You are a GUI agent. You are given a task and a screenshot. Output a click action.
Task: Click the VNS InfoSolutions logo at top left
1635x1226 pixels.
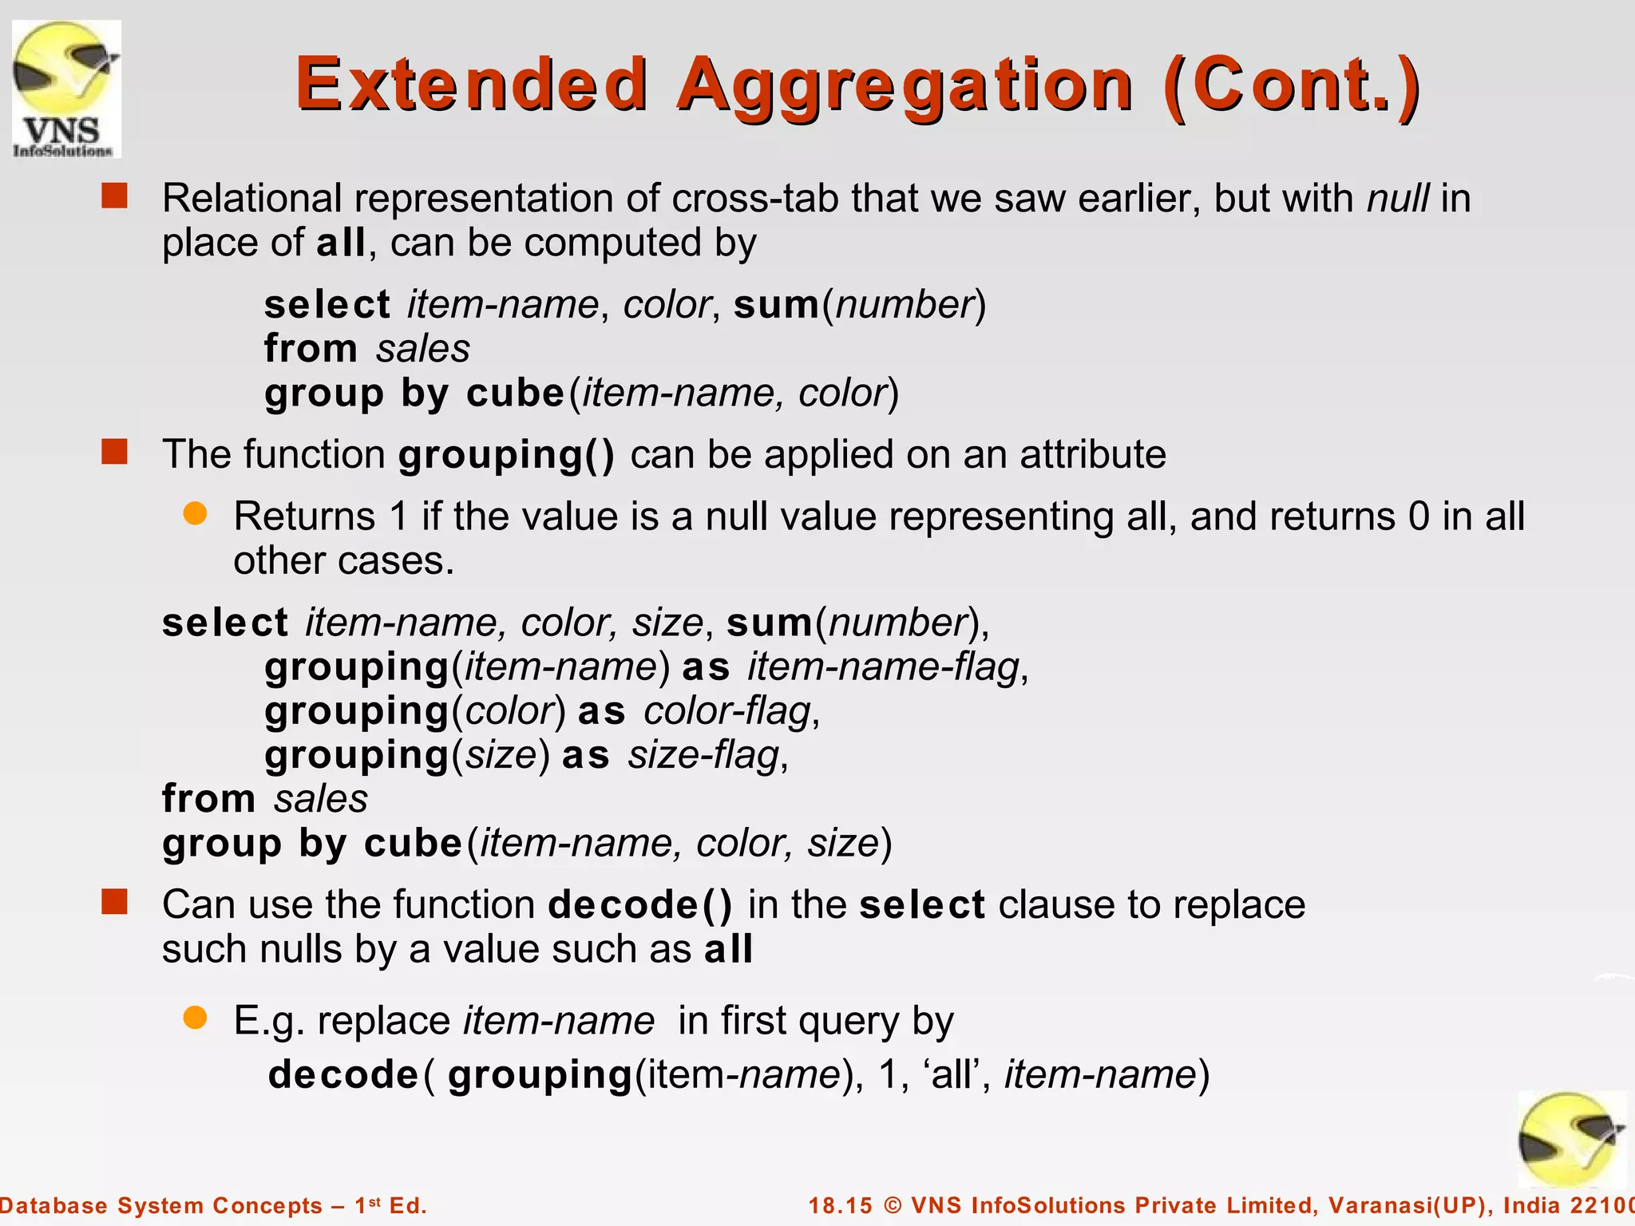pos(66,89)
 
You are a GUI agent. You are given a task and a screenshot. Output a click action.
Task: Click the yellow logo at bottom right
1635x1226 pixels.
pos(1570,1140)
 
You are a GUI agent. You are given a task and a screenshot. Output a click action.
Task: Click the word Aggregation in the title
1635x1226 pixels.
pos(905,85)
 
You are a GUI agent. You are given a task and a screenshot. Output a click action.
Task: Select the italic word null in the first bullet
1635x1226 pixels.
pos(1397,198)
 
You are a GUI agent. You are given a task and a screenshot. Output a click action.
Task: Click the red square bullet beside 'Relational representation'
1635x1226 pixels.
pos(115,196)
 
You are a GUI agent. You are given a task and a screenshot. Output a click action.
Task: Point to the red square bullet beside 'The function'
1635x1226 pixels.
pos(115,453)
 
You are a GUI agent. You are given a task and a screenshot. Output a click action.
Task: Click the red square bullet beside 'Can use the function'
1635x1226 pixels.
pos(115,903)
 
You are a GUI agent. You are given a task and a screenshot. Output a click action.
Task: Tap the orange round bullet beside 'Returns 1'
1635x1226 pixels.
pos(195,513)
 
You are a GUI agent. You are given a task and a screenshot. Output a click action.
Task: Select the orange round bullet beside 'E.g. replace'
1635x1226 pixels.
pos(195,1018)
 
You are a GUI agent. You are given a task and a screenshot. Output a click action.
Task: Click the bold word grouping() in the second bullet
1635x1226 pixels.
pos(507,455)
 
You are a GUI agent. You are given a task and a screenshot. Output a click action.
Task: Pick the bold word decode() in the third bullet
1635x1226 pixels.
pos(640,905)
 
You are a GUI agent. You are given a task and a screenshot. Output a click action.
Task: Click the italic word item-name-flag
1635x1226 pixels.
pos(883,666)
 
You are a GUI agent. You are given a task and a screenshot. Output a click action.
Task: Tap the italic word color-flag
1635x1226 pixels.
pos(727,710)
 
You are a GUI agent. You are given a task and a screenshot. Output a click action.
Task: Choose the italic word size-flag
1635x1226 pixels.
pos(703,755)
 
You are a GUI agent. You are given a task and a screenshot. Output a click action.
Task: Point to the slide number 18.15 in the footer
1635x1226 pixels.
pos(841,1205)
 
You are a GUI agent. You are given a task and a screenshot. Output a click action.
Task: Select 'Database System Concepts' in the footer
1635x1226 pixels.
pos(160,1205)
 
